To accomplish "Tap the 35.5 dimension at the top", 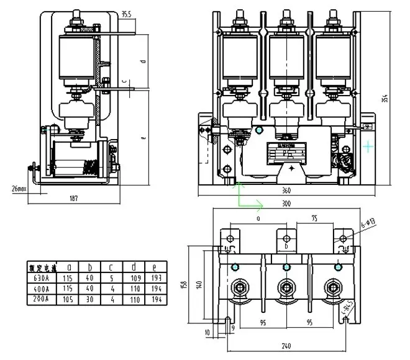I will [x=126, y=13].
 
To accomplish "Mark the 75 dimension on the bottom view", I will [x=315, y=218].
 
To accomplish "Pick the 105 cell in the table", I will [x=73, y=300].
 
